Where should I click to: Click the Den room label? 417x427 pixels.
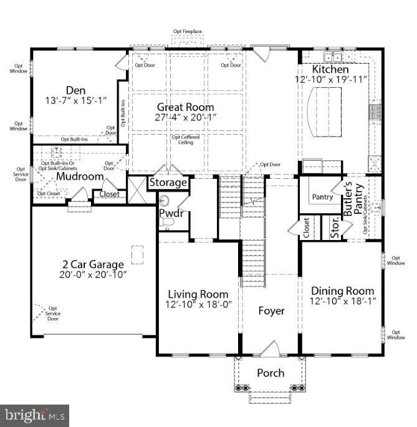tap(75, 89)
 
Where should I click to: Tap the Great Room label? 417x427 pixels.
tap(185, 107)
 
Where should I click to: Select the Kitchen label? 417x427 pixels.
tap(330, 69)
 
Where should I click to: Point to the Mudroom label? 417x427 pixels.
tap(79, 176)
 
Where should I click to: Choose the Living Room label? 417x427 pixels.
tap(198, 294)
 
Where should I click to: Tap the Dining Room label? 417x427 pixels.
tap(343, 291)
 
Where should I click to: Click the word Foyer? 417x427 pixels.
tap(271, 310)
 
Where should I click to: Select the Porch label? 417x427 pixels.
tap(271, 373)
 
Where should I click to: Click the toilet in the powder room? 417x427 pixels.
tap(165, 201)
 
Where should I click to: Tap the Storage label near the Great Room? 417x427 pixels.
tap(168, 183)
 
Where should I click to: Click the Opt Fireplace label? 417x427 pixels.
tap(188, 31)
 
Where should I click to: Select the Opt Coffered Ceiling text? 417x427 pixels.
tap(185, 140)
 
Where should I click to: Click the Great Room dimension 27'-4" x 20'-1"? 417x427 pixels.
tap(186, 117)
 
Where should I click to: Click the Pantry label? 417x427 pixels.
tap(322, 197)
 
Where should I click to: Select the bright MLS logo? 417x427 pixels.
tap(34, 414)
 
